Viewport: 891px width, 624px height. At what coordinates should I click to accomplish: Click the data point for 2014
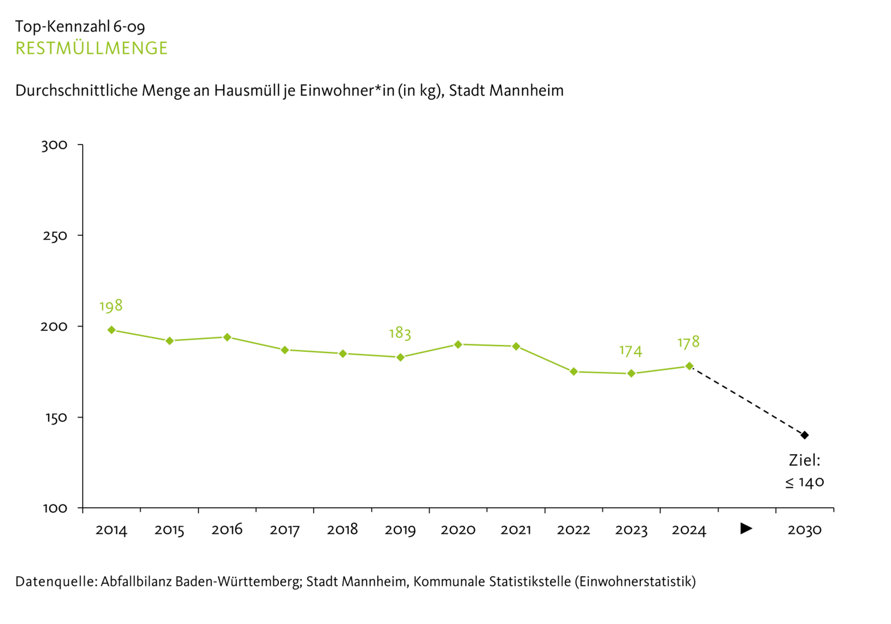pos(111,330)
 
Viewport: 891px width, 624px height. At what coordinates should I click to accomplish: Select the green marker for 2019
pos(400,357)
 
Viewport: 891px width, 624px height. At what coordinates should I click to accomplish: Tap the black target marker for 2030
pos(804,435)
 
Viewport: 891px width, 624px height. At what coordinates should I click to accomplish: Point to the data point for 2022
pos(573,372)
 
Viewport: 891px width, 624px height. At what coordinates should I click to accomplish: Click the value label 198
pos(111,306)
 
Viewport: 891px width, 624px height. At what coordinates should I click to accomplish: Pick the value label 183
pos(400,333)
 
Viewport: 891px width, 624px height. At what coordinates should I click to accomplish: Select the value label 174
pos(631,350)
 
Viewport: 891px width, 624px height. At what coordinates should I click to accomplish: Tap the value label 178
pos(688,342)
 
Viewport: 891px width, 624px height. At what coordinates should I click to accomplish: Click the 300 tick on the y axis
pos(54,145)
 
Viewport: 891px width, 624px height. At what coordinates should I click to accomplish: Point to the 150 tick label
pos(55,418)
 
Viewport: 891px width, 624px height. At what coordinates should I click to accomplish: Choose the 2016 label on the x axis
pos(227,530)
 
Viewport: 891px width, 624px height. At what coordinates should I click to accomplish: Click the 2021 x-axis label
pos(516,530)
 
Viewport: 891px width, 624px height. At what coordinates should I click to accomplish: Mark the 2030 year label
pos(804,530)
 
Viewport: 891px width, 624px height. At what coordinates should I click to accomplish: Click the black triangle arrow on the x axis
pos(746,528)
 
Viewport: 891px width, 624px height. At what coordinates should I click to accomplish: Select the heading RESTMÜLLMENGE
pos(91,48)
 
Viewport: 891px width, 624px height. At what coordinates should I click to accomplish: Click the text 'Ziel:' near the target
pos(804,460)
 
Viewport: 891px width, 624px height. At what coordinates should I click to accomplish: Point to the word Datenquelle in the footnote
pos(55,581)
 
